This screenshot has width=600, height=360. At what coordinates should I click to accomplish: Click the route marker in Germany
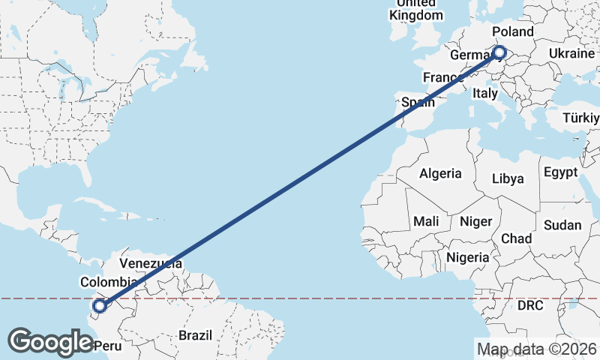pos(499,52)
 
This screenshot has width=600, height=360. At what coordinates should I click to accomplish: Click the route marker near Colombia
pos(99,305)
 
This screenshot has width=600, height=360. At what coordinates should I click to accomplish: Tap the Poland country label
pos(513,31)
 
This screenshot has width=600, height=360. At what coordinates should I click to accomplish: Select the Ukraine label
pos(571,54)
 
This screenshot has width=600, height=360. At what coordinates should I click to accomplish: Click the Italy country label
pos(485,94)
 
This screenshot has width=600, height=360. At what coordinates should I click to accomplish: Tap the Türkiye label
pos(582,118)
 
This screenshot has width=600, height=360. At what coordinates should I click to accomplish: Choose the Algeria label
pos(440,173)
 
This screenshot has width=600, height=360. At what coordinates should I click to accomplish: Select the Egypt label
pos(560,172)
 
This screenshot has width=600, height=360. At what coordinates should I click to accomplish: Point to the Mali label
pos(426,221)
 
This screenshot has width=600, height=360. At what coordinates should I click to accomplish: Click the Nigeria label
pos(467,257)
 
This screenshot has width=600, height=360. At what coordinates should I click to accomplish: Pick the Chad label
pos(516,238)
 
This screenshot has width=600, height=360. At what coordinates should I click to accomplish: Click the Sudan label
pos(562,225)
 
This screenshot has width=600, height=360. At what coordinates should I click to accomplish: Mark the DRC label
pos(530,306)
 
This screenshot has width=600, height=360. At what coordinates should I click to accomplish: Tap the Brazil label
pos(195,335)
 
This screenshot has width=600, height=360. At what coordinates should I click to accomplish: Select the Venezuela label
pos(151,264)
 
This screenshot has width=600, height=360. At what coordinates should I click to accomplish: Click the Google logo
pos(50,342)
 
